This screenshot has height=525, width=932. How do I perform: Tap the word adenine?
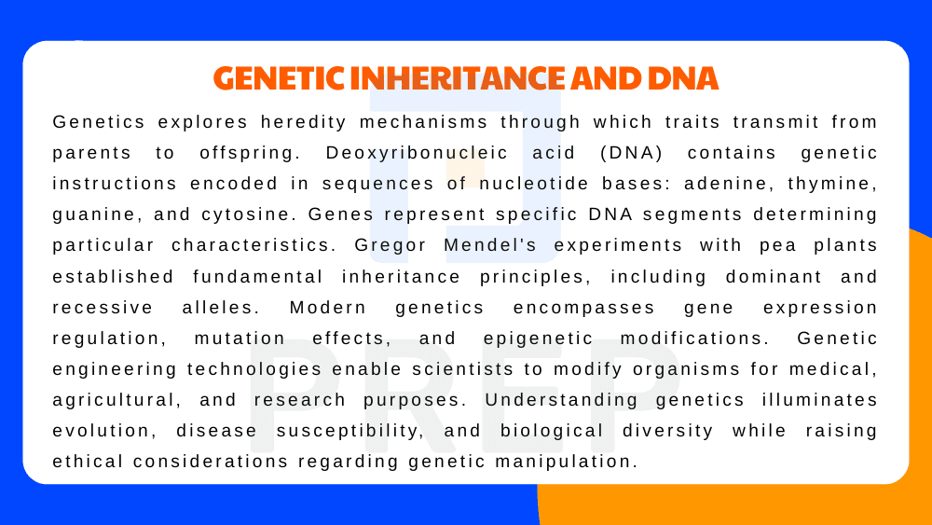click(x=688, y=184)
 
